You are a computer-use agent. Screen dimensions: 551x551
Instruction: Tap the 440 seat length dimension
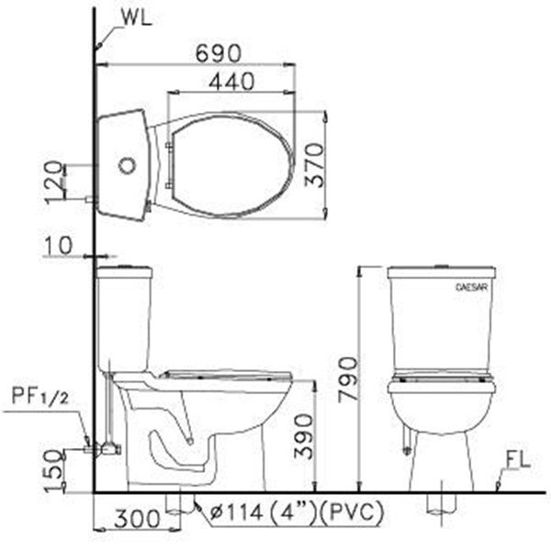pos(231,81)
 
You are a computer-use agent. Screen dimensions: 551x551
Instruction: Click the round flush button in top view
pos(129,166)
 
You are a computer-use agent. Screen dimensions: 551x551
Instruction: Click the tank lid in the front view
pos(441,273)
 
